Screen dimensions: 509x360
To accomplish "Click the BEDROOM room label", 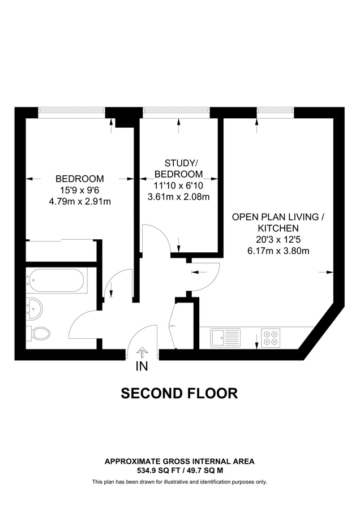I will [79, 179].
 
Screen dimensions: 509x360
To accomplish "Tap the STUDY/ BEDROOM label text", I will [178, 169].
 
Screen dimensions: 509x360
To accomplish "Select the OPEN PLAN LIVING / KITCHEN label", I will [279, 222].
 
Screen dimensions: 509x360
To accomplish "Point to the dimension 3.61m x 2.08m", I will [178, 197].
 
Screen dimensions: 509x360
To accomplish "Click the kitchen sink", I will [225, 338].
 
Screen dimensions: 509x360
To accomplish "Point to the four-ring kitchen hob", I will [271, 338].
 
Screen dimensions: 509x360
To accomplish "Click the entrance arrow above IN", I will [142, 352].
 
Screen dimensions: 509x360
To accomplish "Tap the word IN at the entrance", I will [142, 366].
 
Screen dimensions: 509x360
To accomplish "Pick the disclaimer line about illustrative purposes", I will [179, 482].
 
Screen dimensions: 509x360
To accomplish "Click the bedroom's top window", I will [71, 112].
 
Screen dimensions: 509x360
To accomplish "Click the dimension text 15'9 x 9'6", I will [79, 189].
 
